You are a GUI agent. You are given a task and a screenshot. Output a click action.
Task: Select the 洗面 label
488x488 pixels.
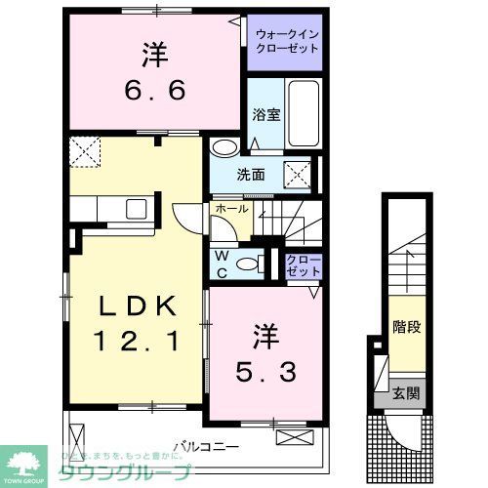pos(250,175)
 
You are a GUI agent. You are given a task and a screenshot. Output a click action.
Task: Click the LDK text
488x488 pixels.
pos(138,306)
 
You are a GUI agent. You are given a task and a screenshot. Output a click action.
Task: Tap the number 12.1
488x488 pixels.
pos(138,343)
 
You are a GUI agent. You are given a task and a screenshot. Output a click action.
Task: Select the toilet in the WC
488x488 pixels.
pos(250,262)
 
